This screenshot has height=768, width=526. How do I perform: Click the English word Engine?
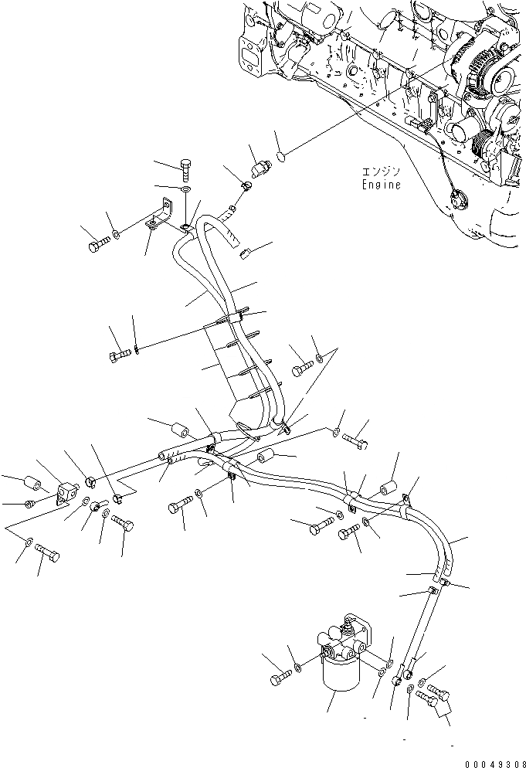[x=382, y=185]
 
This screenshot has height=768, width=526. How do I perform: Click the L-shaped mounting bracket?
[x=161, y=216]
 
